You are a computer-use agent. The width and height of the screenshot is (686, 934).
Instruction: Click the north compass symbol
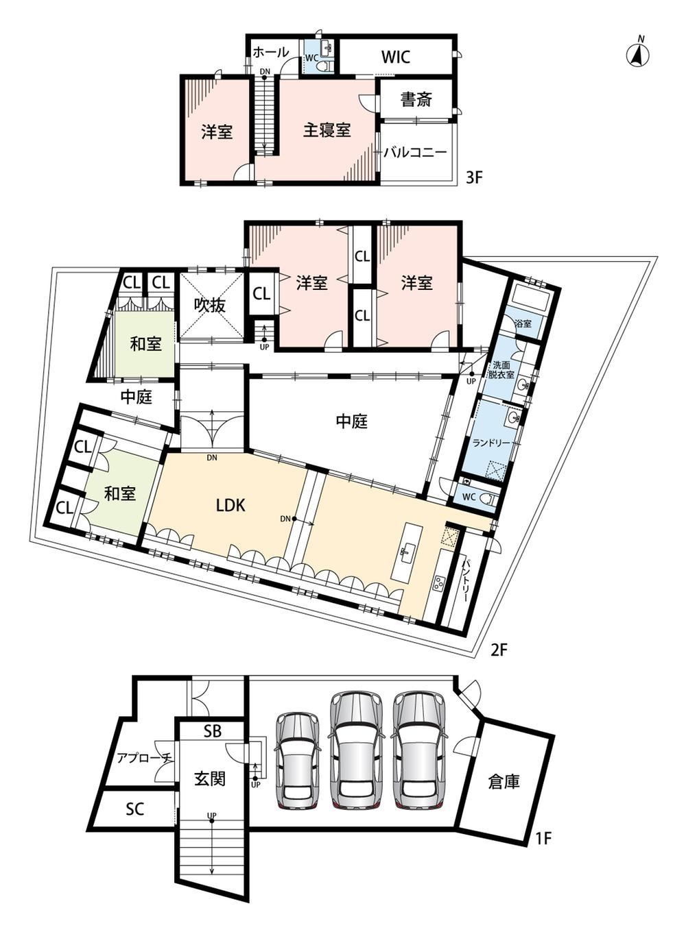(637, 53)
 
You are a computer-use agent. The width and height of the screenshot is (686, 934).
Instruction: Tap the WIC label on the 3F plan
(395, 57)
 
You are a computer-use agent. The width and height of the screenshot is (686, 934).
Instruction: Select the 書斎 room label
(416, 99)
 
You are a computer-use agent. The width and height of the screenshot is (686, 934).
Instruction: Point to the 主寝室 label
(327, 130)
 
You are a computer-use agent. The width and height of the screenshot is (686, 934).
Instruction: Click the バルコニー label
(416, 151)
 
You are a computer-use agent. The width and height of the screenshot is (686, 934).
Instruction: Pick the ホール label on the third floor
(270, 52)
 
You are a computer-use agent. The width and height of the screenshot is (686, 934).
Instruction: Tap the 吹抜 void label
(210, 305)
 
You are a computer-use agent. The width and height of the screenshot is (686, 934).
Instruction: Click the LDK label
(230, 505)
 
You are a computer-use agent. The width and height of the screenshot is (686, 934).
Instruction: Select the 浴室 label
(523, 323)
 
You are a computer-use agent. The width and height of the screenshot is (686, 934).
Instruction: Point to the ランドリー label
(491, 443)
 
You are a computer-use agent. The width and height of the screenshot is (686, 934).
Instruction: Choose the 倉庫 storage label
(504, 782)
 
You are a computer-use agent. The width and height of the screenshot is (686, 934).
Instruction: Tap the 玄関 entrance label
(210, 778)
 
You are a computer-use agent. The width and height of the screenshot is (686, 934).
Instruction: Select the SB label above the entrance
(213, 731)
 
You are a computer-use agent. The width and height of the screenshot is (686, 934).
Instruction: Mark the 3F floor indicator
(474, 177)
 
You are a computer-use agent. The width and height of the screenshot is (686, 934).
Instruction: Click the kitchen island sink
(404, 552)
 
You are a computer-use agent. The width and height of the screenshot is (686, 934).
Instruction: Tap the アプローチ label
(145, 758)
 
